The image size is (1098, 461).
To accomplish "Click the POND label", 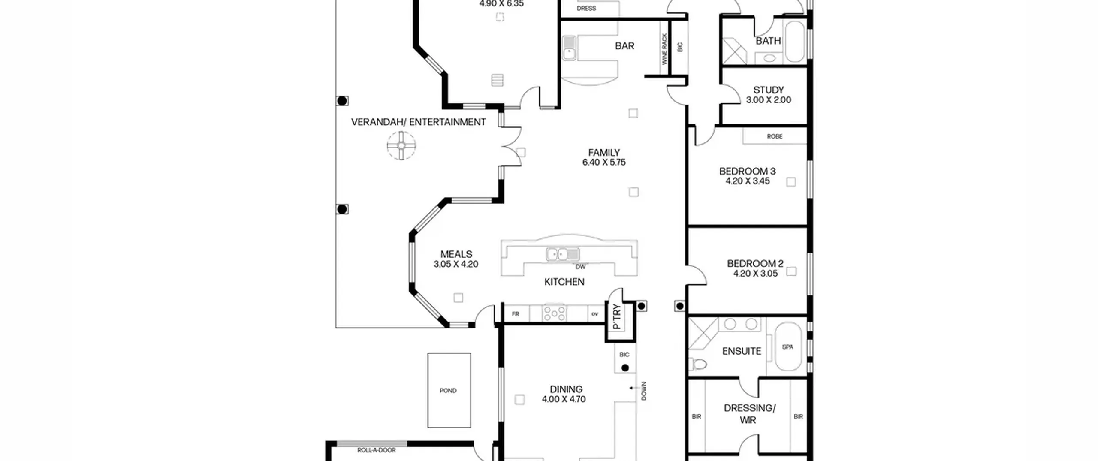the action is click(x=448, y=391).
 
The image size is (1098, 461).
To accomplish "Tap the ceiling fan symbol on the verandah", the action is click(x=401, y=146).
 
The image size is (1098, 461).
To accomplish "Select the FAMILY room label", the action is click(x=604, y=153).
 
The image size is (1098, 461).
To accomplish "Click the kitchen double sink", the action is click(x=563, y=254).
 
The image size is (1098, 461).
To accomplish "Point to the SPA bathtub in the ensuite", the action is click(x=788, y=347).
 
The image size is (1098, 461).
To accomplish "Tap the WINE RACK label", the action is click(x=665, y=49).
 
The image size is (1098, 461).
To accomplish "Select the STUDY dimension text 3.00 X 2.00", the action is click(x=769, y=100).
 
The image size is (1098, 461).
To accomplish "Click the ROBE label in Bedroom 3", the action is click(x=775, y=136).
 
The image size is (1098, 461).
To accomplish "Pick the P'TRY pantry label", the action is click(x=617, y=316).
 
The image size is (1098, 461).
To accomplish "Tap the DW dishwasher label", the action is click(x=580, y=267).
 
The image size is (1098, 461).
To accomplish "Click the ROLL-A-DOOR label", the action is click(x=376, y=450).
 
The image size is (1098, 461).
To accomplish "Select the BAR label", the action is click(x=624, y=46).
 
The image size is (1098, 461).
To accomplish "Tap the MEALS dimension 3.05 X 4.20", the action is click(x=455, y=264).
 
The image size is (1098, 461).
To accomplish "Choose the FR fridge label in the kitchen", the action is click(x=516, y=314).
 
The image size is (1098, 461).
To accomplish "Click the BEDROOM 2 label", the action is click(x=755, y=264).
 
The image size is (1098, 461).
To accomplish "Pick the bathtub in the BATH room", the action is click(x=795, y=42).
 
